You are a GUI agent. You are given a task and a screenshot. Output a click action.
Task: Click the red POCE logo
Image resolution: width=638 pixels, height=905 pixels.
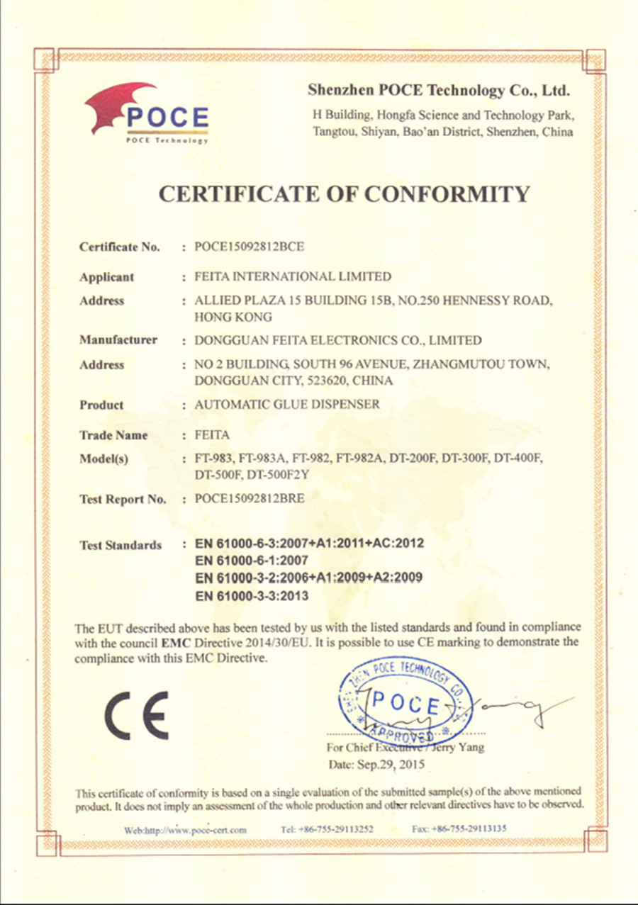(x=147, y=113)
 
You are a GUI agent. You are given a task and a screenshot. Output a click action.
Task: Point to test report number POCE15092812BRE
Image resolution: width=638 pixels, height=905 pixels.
(x=250, y=499)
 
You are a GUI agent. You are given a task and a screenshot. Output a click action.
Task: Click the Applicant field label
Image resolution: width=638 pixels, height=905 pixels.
(x=106, y=277)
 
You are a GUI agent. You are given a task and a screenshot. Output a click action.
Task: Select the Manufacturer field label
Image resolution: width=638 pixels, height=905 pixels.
(x=118, y=340)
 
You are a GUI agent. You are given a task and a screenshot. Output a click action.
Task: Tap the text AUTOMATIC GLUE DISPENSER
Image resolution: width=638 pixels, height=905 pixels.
(x=287, y=405)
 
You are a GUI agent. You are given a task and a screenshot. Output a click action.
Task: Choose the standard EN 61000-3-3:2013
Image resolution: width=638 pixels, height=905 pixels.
(x=251, y=596)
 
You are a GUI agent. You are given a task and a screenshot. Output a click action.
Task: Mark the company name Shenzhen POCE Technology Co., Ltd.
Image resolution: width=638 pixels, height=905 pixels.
(x=440, y=91)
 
